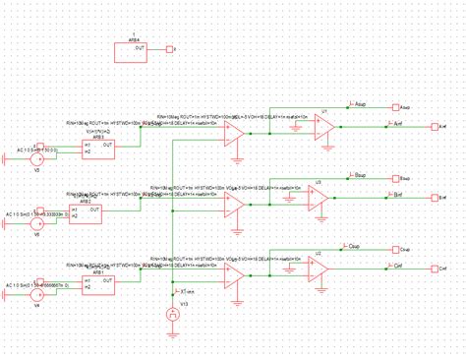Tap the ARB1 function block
pyautogui.click(x=99, y=283)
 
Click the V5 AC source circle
pyautogui.click(x=36, y=153)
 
